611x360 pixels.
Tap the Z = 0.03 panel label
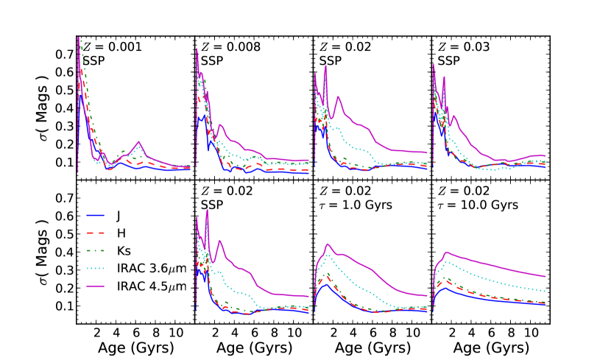(465, 46)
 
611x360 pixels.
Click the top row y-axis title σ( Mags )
(43, 107)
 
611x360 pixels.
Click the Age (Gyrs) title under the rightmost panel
(490, 347)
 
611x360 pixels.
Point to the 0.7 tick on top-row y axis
(64, 54)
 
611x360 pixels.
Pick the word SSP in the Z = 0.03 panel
(447, 60)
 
